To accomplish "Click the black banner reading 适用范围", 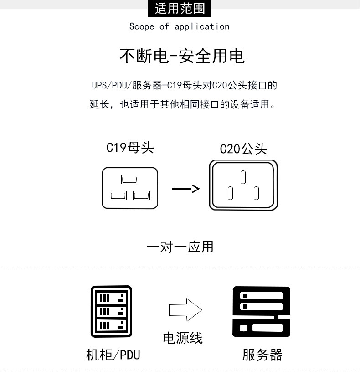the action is click(x=180, y=9).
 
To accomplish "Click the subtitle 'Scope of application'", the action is click(x=180, y=26).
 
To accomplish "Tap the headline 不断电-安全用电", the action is click(x=182, y=56).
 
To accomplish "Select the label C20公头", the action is click(x=243, y=149).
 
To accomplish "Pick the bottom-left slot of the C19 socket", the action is click(x=118, y=196).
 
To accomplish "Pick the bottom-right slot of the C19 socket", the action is click(x=141, y=196).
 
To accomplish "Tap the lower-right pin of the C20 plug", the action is click(x=256, y=193).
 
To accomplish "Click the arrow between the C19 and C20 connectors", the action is click(x=186, y=188).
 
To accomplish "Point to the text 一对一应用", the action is click(x=180, y=247).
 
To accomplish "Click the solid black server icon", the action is click(x=261, y=311).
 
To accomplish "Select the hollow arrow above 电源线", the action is click(x=185, y=309).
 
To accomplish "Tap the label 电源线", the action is click(x=183, y=338).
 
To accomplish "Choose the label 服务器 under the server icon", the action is click(x=262, y=355).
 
